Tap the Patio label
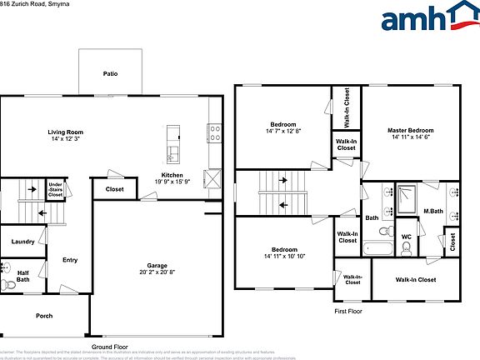pos(110,73)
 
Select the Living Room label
pos(63,132)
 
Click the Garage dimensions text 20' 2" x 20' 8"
pos(157,272)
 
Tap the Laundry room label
pos(22,242)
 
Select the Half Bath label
pos(22,275)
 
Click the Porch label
pos(43,316)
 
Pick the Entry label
pos(70,260)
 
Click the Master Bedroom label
pos(410,131)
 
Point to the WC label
pos(407,237)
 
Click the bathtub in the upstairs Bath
pos(376,247)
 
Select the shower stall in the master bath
pos(407,197)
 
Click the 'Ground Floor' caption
pos(109,346)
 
